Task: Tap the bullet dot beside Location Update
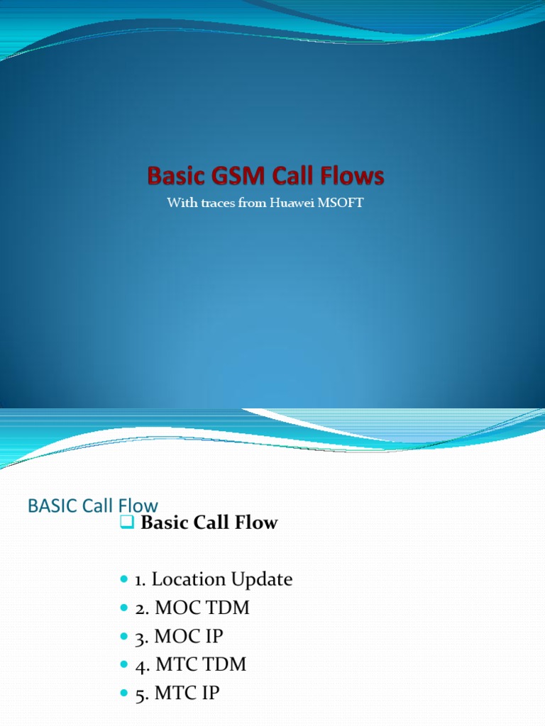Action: pos(123,580)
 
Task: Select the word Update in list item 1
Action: pos(260,580)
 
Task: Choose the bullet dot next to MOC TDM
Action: pos(123,608)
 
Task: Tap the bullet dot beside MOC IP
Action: pos(123,637)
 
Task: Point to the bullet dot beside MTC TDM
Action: pos(123,665)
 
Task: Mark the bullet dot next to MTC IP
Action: pos(123,693)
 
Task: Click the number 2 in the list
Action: pos(139,609)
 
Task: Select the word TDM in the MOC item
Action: pos(228,608)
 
